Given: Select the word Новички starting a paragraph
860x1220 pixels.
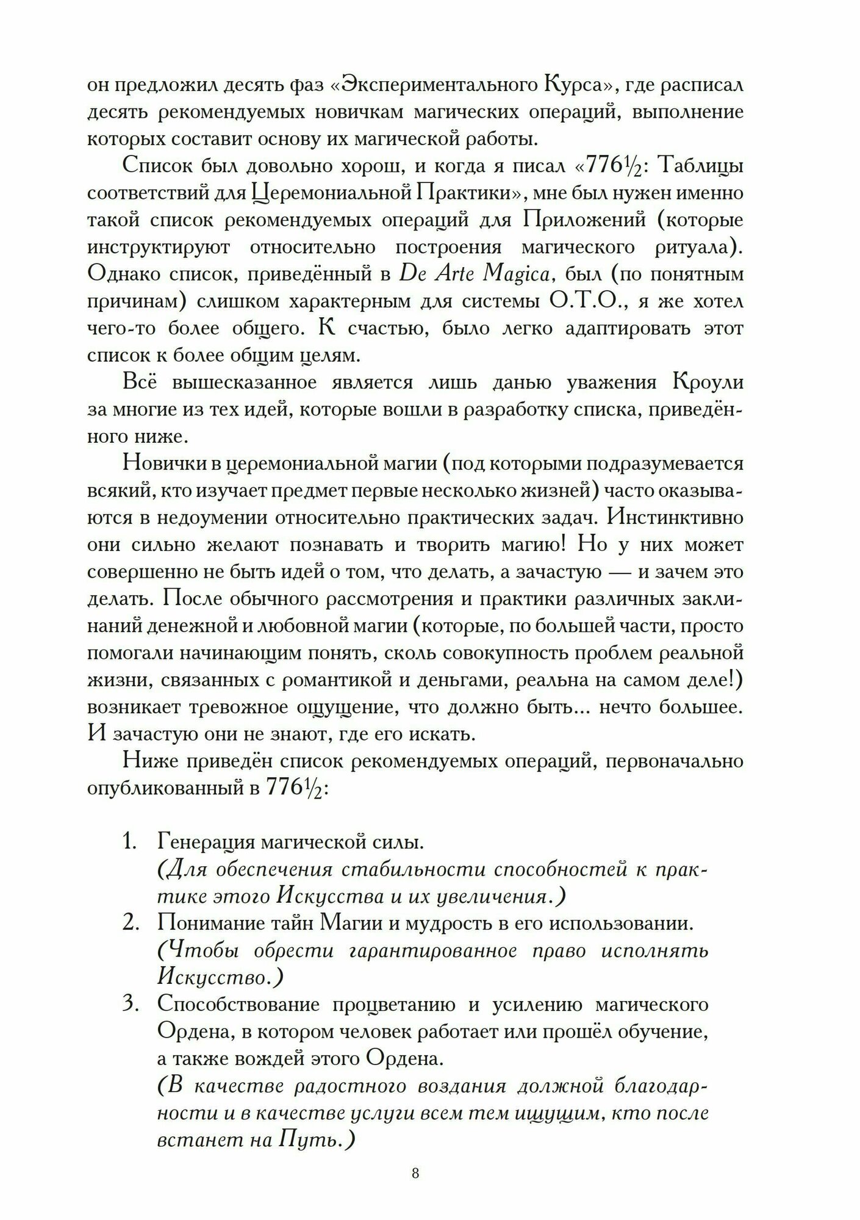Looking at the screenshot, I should (x=163, y=463).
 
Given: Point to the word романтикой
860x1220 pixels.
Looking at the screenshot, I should (x=332, y=680).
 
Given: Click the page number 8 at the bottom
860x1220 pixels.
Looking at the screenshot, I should (x=415, y=1174).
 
